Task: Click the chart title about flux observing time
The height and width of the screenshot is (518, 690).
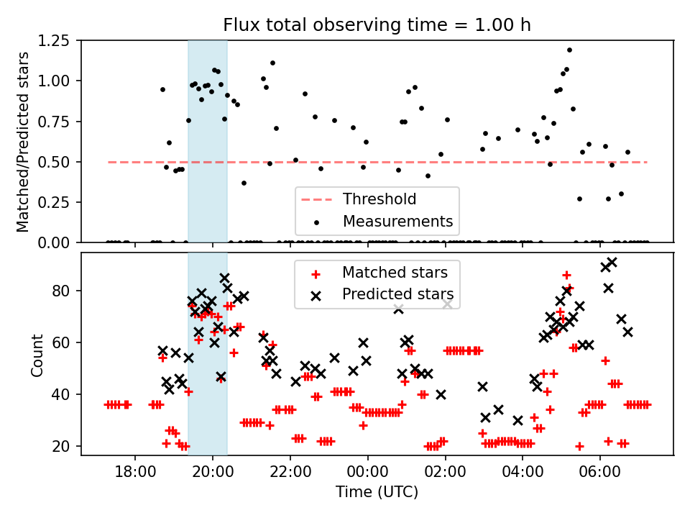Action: click(x=377, y=25)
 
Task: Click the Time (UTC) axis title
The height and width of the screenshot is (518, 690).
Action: click(x=377, y=493)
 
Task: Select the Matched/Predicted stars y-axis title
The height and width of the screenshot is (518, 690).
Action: click(x=23, y=142)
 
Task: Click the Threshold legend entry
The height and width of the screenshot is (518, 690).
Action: click(x=379, y=199)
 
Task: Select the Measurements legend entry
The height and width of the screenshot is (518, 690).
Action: click(x=397, y=220)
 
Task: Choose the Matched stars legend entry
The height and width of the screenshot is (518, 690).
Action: click(x=395, y=273)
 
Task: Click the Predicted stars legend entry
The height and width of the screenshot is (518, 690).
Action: click(x=397, y=294)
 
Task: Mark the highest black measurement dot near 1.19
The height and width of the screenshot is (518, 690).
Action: click(x=569, y=50)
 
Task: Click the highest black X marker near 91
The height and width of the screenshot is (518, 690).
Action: click(x=612, y=263)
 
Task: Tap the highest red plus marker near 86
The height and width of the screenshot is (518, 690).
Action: click(x=566, y=275)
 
